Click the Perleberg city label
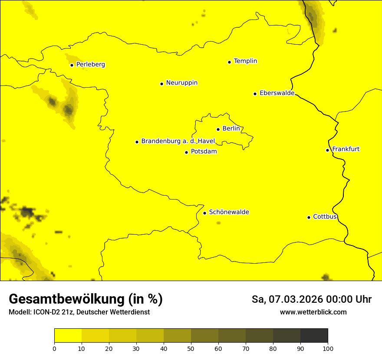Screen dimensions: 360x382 point(90,65)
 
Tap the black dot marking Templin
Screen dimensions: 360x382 point(229,62)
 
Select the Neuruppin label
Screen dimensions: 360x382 point(181,83)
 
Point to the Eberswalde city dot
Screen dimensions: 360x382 point(255,94)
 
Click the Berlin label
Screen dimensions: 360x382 point(231,129)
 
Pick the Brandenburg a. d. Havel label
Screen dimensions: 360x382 point(178,141)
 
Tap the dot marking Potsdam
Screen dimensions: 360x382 point(186,152)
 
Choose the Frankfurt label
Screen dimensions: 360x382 point(346,149)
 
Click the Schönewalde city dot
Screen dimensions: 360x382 point(204,213)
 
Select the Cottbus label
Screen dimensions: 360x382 point(325,217)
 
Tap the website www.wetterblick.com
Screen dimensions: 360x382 point(313,312)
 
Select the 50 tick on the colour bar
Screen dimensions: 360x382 point(191,348)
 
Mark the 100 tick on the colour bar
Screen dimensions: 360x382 point(328,348)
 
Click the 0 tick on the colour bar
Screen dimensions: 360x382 point(54,348)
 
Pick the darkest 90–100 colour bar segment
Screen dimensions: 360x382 point(314,336)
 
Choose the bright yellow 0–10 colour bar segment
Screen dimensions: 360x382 point(68,336)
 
